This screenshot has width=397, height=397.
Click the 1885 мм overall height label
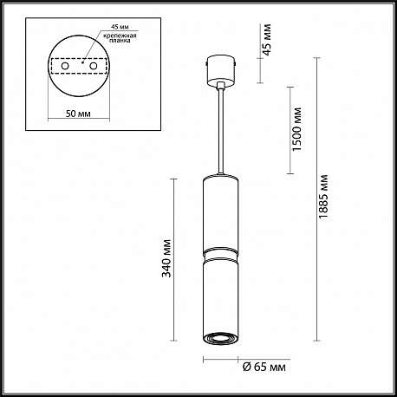323,196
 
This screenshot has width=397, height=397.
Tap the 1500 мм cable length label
296,129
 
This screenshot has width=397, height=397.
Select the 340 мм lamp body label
166,258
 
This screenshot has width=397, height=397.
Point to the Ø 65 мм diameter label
264,367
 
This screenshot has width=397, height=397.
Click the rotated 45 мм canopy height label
266,40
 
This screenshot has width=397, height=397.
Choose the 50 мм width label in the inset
78,114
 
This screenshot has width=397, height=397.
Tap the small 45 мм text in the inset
120,27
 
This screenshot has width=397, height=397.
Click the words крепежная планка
120,38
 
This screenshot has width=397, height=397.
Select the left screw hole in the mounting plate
65,66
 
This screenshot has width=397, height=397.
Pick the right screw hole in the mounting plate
93,66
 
